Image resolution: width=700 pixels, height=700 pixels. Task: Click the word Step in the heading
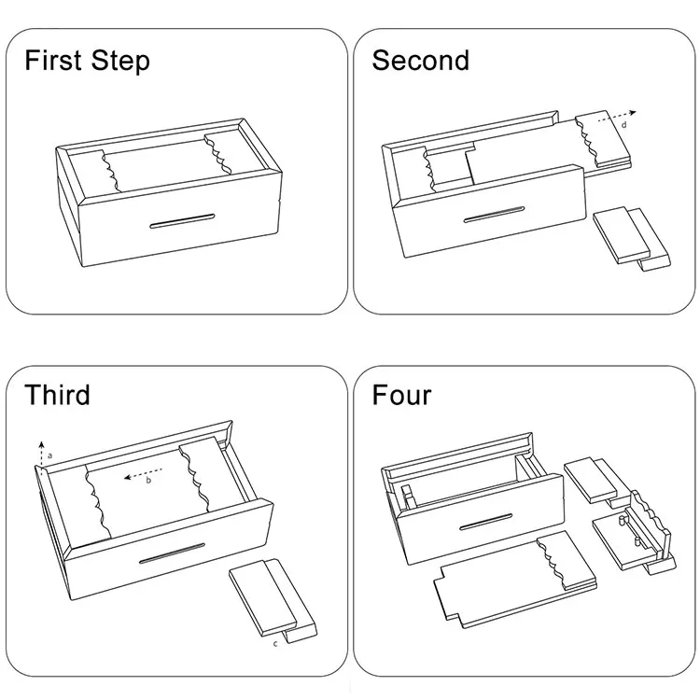pyautogui.click(x=120, y=62)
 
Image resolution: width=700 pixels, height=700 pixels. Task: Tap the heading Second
pyautogui.click(x=421, y=61)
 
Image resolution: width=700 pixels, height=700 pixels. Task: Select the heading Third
pyautogui.click(x=57, y=395)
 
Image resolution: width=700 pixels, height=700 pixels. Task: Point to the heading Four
pyautogui.click(x=401, y=395)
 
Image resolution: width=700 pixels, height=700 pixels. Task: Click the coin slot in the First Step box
pyautogui.click(x=182, y=220)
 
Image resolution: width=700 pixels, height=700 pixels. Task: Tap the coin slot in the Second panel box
pyautogui.click(x=494, y=215)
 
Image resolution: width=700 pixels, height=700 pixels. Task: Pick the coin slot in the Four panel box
pyautogui.click(x=486, y=522)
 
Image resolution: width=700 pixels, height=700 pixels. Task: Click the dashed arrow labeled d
pyautogui.click(x=616, y=117)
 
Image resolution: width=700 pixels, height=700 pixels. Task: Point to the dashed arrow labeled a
pyautogui.click(x=41, y=455)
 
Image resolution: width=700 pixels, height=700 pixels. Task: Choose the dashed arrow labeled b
pyautogui.click(x=143, y=473)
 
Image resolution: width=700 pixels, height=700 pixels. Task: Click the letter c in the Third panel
pyautogui.click(x=275, y=643)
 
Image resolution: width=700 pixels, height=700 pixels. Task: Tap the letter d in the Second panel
pyautogui.click(x=624, y=125)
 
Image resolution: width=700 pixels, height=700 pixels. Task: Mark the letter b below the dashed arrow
pyautogui.click(x=148, y=481)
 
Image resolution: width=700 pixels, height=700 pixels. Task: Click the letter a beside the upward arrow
pyautogui.click(x=50, y=455)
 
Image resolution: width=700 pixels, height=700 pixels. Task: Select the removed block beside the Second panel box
pyautogui.click(x=631, y=238)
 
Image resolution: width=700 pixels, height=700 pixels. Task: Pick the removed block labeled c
pyautogui.click(x=273, y=600)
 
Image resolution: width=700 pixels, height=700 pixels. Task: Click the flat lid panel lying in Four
pyautogui.click(x=514, y=580)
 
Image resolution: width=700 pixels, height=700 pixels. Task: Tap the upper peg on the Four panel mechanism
pyautogui.click(x=621, y=520)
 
